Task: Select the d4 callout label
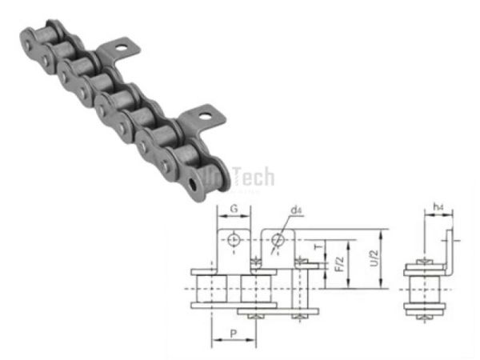tap(296, 210)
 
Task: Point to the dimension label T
tap(319, 248)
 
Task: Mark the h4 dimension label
tap(438, 207)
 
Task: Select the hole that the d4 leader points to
tap(278, 238)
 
